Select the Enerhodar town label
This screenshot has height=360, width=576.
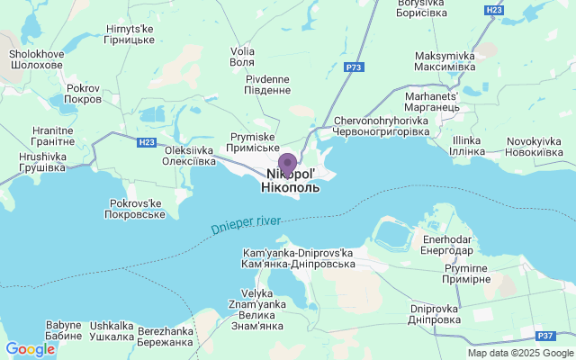[446, 245]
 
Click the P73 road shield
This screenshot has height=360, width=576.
[354, 67]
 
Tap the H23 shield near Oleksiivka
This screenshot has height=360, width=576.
[147, 142]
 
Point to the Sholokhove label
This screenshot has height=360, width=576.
[36, 59]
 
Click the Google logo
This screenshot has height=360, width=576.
[30, 349]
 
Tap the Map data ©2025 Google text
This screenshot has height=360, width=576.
[520, 353]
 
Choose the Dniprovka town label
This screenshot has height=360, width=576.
[435, 314]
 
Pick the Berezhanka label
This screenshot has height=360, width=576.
[166, 337]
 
